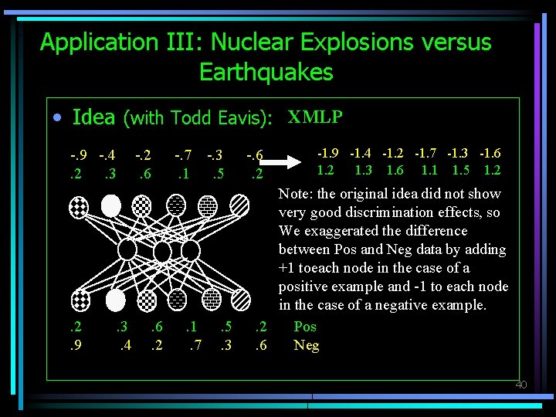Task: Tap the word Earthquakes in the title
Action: (x=266, y=73)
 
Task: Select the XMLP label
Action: (x=315, y=117)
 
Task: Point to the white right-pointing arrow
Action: (x=294, y=162)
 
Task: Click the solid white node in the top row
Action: (x=111, y=205)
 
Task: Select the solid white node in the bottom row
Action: (x=115, y=299)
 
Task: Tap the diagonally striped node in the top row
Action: (x=240, y=205)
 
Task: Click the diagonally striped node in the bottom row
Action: (x=241, y=299)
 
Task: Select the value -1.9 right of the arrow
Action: (x=328, y=154)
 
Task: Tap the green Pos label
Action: (x=305, y=327)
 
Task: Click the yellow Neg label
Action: (x=307, y=345)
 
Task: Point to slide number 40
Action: (x=520, y=385)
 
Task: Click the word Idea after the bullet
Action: (x=93, y=117)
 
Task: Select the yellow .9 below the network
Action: (x=76, y=345)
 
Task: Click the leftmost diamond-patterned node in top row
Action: (x=80, y=205)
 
